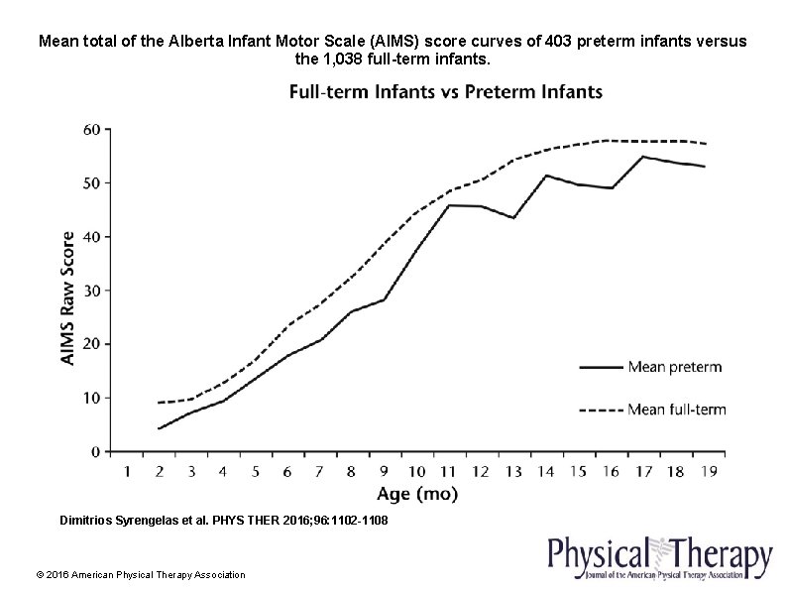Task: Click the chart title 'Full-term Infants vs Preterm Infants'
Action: [x=445, y=92]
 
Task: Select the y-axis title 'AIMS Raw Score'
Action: [x=67, y=297]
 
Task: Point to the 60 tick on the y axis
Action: [x=90, y=130]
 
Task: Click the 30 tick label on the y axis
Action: [x=90, y=291]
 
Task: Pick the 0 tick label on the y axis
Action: [x=95, y=451]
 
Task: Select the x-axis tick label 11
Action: [x=448, y=470]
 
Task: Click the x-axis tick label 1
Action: [x=127, y=470]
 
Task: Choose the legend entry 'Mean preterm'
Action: [x=674, y=367]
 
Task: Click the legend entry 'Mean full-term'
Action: [x=677, y=409]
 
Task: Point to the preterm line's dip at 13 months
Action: [x=512, y=217]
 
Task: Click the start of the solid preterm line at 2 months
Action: [x=159, y=428]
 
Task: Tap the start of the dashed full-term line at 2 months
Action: [x=159, y=403]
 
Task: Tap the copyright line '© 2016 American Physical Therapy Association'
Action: [x=140, y=575]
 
